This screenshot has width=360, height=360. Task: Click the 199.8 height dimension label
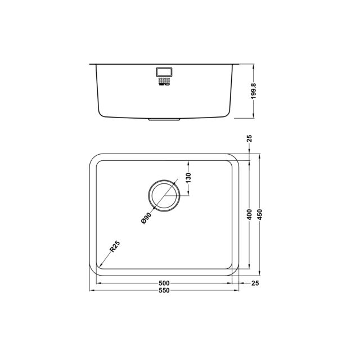coord(253,91)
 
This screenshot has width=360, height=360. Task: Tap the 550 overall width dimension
coord(164,290)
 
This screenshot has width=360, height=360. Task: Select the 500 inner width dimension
coord(164,283)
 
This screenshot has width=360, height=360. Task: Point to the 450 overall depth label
coord(260,214)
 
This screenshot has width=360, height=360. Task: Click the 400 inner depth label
coord(250,214)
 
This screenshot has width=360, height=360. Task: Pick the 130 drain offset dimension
coord(188,178)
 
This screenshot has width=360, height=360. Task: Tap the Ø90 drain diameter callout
coord(146,218)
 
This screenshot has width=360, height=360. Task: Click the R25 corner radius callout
coord(115,246)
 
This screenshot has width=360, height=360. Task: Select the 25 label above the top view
coord(250,138)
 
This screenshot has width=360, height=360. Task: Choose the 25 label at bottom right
coord(255,283)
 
